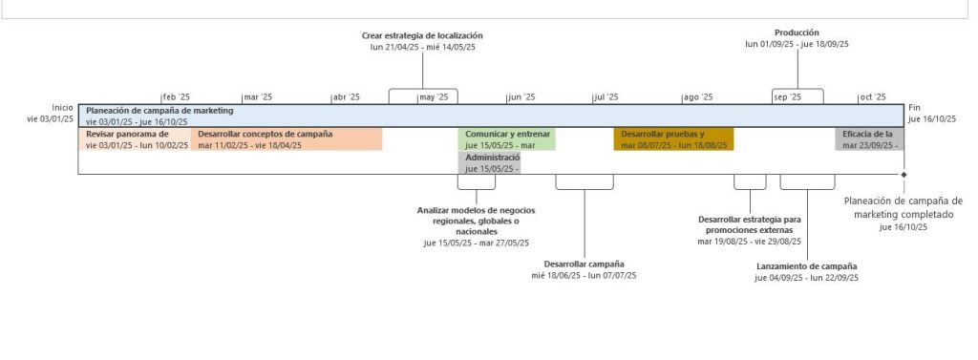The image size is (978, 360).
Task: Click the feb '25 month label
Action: point(177,97)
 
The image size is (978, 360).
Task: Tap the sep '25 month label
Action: point(787,97)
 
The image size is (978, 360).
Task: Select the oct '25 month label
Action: point(872,97)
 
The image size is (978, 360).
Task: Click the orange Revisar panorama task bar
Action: point(134,139)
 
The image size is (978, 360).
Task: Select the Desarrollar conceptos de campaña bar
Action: point(287,139)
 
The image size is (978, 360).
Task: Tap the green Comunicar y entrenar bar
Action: point(506,139)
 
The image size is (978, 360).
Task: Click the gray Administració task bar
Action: point(489,162)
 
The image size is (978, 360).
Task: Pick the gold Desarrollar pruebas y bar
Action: point(673,139)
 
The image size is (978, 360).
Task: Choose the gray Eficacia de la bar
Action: point(867,139)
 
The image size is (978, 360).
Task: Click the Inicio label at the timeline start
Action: point(62,108)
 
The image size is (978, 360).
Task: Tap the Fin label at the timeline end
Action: point(915,108)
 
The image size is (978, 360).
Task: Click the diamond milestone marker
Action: point(904,175)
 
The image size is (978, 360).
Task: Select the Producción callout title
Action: point(797,32)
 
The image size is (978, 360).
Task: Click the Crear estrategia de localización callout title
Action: point(422,35)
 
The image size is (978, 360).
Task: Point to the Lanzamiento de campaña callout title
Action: point(806,266)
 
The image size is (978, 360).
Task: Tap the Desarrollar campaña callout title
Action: point(584,264)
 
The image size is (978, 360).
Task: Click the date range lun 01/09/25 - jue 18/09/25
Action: point(797,44)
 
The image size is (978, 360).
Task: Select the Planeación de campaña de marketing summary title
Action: point(159,111)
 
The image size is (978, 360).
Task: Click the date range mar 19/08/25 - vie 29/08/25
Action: point(750,242)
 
